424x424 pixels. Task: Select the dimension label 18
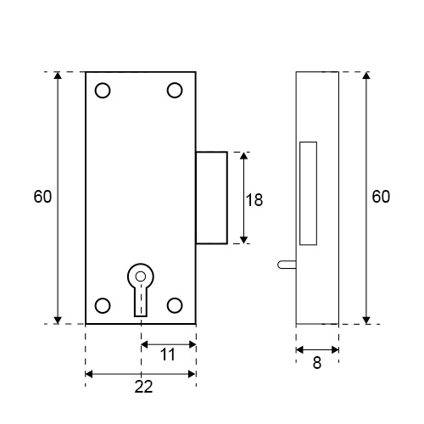[254, 200]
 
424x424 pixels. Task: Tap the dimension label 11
[168, 354]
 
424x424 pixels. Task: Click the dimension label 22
[143, 387]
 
